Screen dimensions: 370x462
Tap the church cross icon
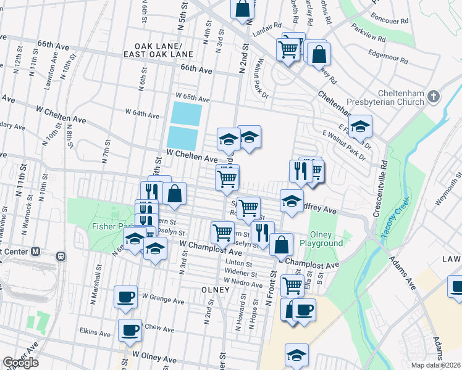click(x=434, y=96)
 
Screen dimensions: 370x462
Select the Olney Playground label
click(x=321, y=239)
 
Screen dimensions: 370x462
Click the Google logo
click(x=20, y=363)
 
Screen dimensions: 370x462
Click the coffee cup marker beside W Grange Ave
click(x=125, y=297)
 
